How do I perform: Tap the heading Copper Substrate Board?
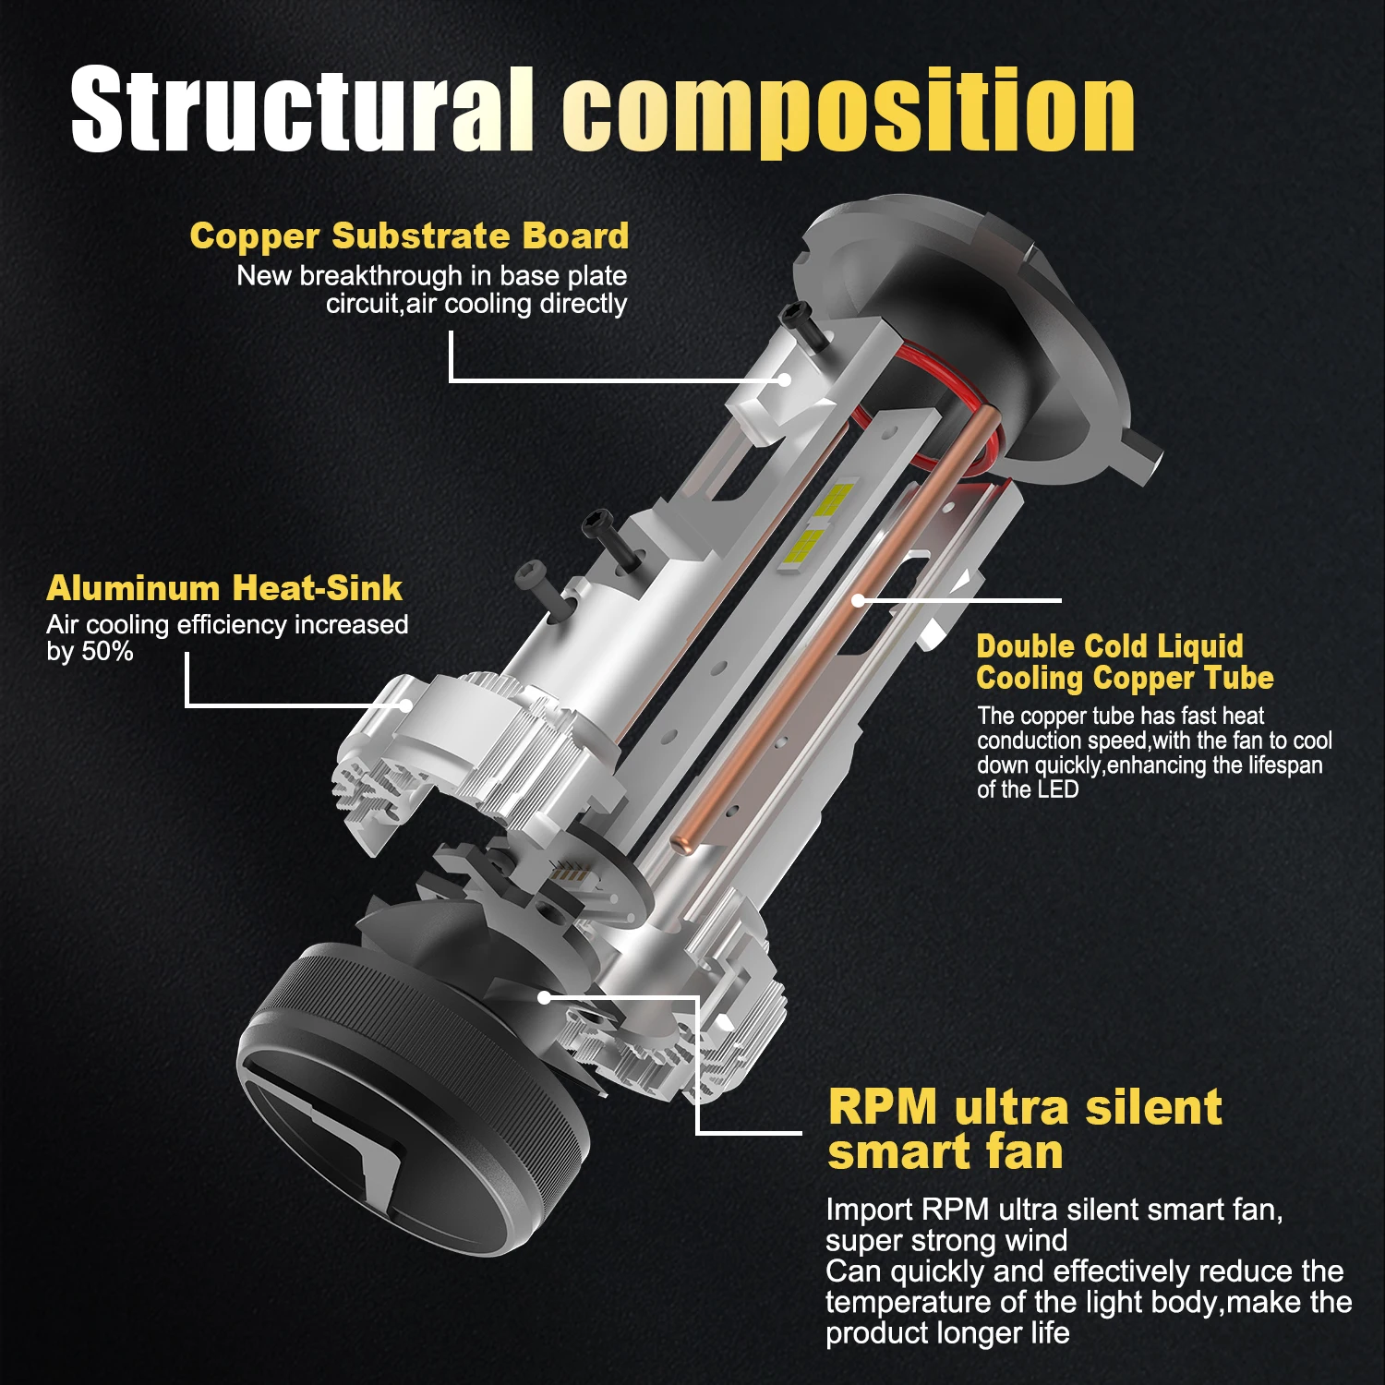[409, 236]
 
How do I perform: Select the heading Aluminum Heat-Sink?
[224, 588]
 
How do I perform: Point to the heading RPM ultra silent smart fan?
[1024, 1129]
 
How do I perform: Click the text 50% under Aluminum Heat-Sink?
[108, 652]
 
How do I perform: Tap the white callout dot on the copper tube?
[858, 600]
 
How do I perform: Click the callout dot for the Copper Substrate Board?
[784, 379]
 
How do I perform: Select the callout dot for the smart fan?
[544, 997]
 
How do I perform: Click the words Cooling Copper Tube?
[1125, 679]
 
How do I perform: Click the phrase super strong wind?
[946, 1240]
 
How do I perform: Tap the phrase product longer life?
[947, 1333]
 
